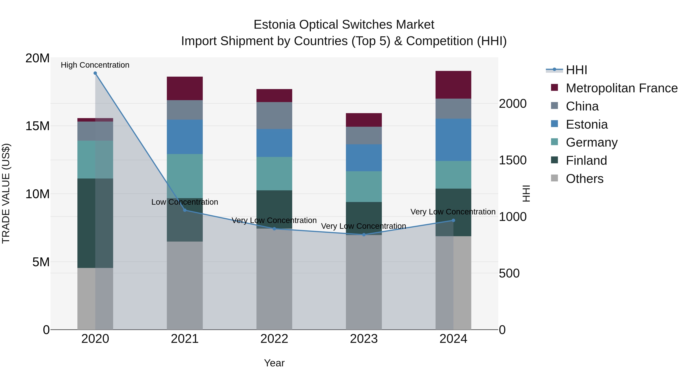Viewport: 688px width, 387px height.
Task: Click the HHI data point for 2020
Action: (95, 73)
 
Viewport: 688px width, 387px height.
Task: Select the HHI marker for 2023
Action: (364, 235)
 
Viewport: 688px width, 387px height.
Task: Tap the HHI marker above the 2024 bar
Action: (453, 220)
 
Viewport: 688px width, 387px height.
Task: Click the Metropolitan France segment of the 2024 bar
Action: (453, 85)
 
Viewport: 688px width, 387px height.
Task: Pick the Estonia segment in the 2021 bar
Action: (185, 137)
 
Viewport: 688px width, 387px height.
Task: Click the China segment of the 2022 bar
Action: (274, 115)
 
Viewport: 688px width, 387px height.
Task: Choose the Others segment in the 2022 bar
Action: (274, 279)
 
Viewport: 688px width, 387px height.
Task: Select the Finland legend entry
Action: (586, 161)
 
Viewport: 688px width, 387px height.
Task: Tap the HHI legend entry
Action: (576, 70)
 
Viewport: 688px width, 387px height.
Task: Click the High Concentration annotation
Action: (95, 65)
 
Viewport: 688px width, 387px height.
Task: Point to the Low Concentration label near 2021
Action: (185, 202)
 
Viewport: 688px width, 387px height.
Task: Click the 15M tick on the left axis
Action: (37, 126)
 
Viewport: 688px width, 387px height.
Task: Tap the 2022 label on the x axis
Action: (274, 339)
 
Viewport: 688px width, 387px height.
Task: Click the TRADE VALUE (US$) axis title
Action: (6, 193)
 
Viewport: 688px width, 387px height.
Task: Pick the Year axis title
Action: (274, 363)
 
